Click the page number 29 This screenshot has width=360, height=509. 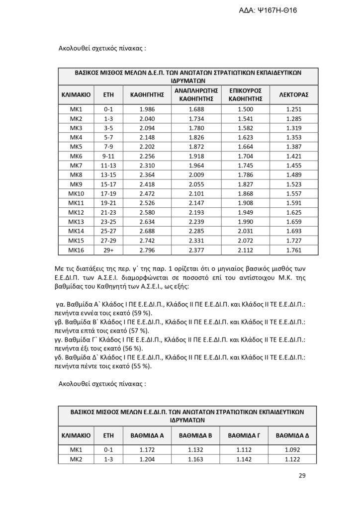pos(302,476)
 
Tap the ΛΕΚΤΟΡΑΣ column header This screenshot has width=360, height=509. pos(294,94)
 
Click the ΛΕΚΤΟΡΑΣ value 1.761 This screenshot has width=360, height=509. pos(294,250)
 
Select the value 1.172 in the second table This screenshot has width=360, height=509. pos(147,450)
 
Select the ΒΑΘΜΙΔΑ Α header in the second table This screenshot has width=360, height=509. pos(147,435)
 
